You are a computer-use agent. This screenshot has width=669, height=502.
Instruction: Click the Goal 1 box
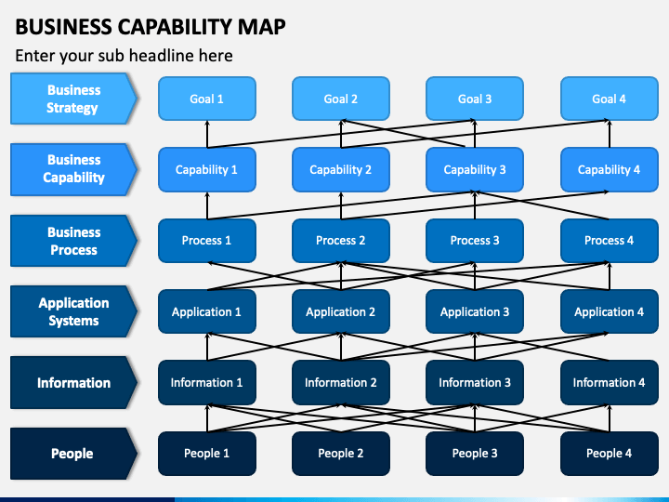(x=206, y=99)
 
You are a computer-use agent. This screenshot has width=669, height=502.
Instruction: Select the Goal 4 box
(x=609, y=99)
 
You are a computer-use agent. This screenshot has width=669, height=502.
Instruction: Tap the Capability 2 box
(x=340, y=169)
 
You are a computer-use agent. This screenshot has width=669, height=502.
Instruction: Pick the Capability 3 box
(x=475, y=169)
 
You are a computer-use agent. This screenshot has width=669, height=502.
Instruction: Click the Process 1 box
(x=206, y=241)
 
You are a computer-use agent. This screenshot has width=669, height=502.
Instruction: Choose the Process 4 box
(x=609, y=241)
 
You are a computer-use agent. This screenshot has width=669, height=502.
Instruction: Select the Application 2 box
(x=340, y=311)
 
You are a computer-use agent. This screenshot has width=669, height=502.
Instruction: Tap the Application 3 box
(x=475, y=311)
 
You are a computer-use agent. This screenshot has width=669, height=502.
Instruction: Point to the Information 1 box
(x=206, y=382)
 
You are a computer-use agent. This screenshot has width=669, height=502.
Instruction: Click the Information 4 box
(x=609, y=382)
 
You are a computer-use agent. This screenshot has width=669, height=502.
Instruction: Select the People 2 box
(x=340, y=454)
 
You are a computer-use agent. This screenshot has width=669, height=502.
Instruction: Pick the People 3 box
(x=475, y=454)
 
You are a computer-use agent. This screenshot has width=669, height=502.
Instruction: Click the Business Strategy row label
(x=73, y=99)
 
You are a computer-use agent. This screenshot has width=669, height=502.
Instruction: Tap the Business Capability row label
(x=73, y=169)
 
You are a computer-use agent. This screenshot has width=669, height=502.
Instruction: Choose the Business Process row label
(x=73, y=241)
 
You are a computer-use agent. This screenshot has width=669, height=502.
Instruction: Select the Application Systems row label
(x=73, y=311)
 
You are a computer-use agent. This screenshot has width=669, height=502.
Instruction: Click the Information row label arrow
(x=73, y=382)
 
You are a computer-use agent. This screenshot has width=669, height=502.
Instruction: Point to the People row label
(x=73, y=454)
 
